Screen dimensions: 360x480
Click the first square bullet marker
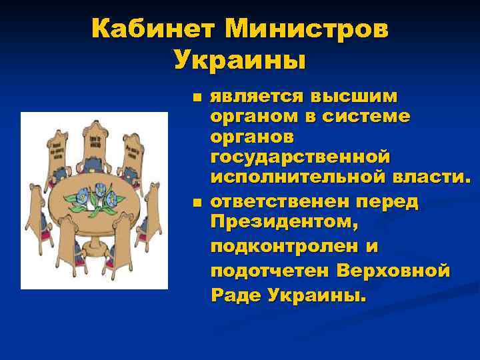(x=195, y=97)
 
